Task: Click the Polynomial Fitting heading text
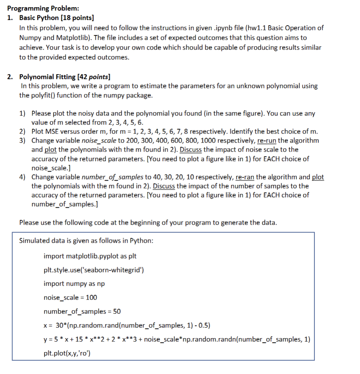click(47, 77)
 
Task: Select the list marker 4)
click(23, 177)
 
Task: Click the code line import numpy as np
click(74, 284)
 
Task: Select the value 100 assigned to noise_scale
click(91, 298)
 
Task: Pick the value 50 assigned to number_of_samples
click(117, 312)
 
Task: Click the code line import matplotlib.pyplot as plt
click(90, 256)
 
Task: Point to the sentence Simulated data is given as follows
click(86, 241)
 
